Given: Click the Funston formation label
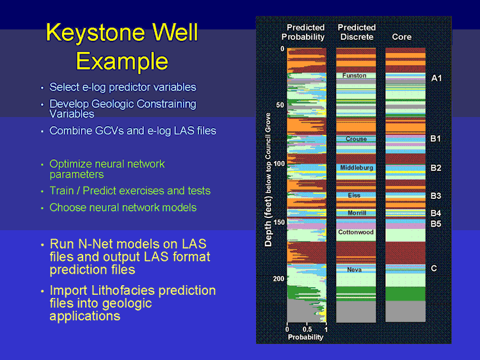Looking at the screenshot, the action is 354,75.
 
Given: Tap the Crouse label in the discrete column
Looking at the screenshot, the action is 356,139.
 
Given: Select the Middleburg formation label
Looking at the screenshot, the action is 356,168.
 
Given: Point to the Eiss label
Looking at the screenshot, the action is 354,195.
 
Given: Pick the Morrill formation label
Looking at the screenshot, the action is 357,213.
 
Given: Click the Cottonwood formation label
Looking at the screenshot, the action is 356,232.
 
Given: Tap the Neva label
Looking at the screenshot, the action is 354,269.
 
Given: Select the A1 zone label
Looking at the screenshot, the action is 436,78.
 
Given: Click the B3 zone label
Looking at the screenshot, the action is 436,196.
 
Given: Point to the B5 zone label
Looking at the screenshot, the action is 436,224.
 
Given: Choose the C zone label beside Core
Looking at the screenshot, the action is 434,268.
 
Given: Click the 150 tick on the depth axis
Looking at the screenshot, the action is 279,222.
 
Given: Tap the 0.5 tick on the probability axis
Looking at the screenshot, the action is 307,329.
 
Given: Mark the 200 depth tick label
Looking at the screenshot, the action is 278,279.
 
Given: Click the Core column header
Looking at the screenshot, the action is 402,37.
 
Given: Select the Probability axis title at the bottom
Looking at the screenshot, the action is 305,337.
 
